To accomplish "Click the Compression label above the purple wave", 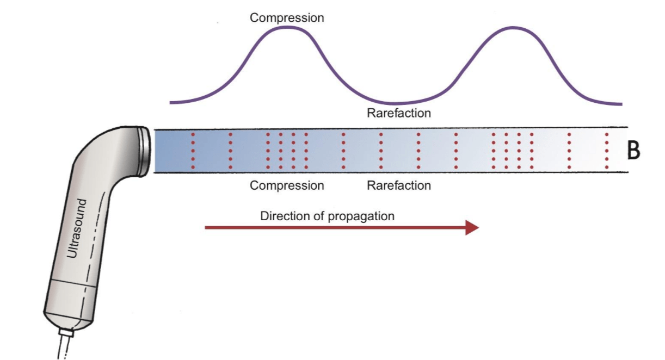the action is tap(287, 18).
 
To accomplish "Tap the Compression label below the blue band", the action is tap(287, 185).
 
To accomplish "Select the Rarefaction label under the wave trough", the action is tap(399, 113).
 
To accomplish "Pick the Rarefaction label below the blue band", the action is tap(399, 185).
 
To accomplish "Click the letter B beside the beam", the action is tap(633, 151).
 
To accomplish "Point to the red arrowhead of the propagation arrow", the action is tap(472, 228).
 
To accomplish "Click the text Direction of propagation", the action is tap(327, 216).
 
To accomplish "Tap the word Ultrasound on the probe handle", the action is tap(77, 228).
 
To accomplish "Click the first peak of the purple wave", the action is tap(287, 28).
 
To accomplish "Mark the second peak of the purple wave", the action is tap(514, 28).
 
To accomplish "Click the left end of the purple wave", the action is tap(170, 103).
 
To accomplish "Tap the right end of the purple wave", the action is tap(621, 104).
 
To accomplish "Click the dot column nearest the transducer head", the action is tap(193, 151).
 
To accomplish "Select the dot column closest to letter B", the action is tap(607, 151).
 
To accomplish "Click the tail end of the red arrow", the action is tap(206, 228).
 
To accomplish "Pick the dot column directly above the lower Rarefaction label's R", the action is tap(381, 151).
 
